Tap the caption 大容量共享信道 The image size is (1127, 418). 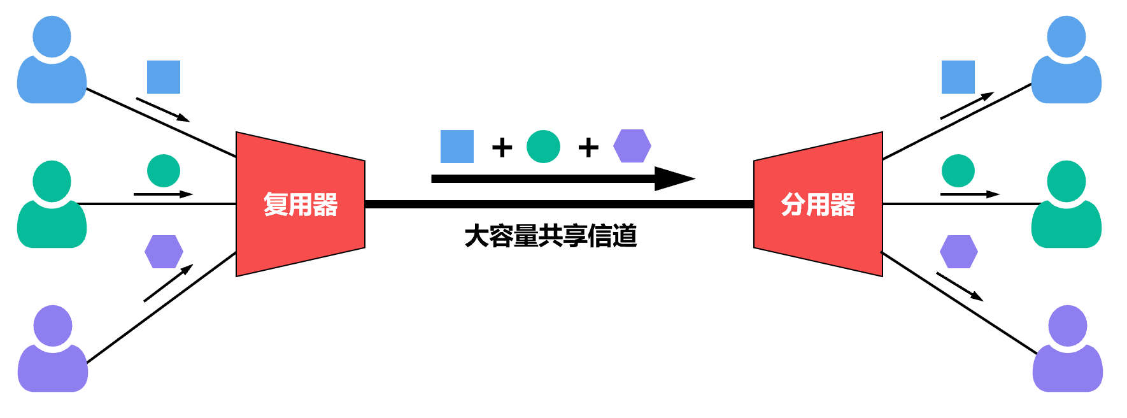pyautogui.click(x=551, y=236)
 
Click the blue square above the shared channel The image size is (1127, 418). pyautogui.click(x=457, y=147)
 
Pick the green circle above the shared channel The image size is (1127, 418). pyautogui.click(x=543, y=147)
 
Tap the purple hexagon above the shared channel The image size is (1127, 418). pyautogui.click(x=632, y=146)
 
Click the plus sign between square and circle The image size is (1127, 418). pyautogui.click(x=502, y=148)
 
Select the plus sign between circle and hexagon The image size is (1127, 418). pyautogui.click(x=588, y=148)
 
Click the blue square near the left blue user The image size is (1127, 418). pyautogui.click(x=164, y=77)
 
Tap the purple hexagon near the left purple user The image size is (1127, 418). pyautogui.click(x=164, y=252)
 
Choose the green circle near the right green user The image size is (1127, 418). pyautogui.click(x=958, y=171)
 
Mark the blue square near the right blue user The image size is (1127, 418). pyautogui.click(x=958, y=77)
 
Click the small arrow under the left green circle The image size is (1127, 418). pyautogui.click(x=163, y=194)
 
